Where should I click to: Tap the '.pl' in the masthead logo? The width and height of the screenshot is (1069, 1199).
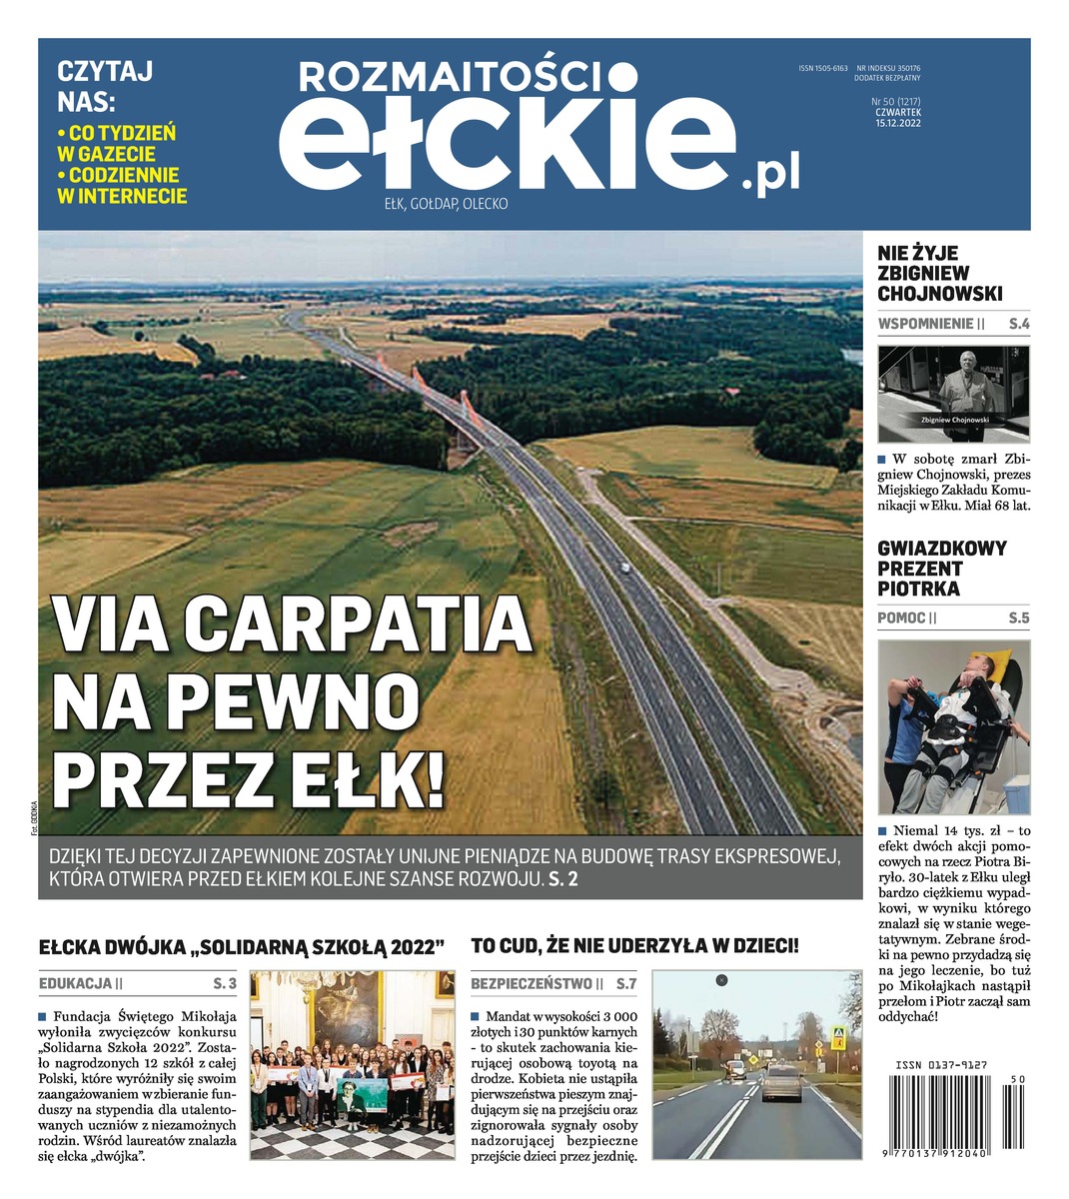coord(770,176)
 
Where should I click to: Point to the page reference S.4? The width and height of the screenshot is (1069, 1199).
coord(1018,324)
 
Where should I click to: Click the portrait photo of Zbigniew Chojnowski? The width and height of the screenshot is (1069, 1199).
coord(953,394)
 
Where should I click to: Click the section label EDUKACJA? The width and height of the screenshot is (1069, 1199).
coord(76,983)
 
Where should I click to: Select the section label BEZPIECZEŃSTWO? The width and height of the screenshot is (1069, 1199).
coord(531,983)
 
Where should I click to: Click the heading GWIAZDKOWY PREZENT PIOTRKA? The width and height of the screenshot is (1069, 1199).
coord(941,569)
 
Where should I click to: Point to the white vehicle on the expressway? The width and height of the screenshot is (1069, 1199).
coord(625,568)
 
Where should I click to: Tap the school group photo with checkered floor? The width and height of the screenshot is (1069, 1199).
coord(351,1064)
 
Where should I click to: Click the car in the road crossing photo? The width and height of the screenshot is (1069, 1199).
coord(782,1082)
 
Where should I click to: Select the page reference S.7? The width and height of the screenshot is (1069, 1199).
coord(625,983)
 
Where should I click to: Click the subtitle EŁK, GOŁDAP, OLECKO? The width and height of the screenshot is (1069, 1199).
coord(447,204)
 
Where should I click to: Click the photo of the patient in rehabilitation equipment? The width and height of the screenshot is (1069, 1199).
coord(953,726)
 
